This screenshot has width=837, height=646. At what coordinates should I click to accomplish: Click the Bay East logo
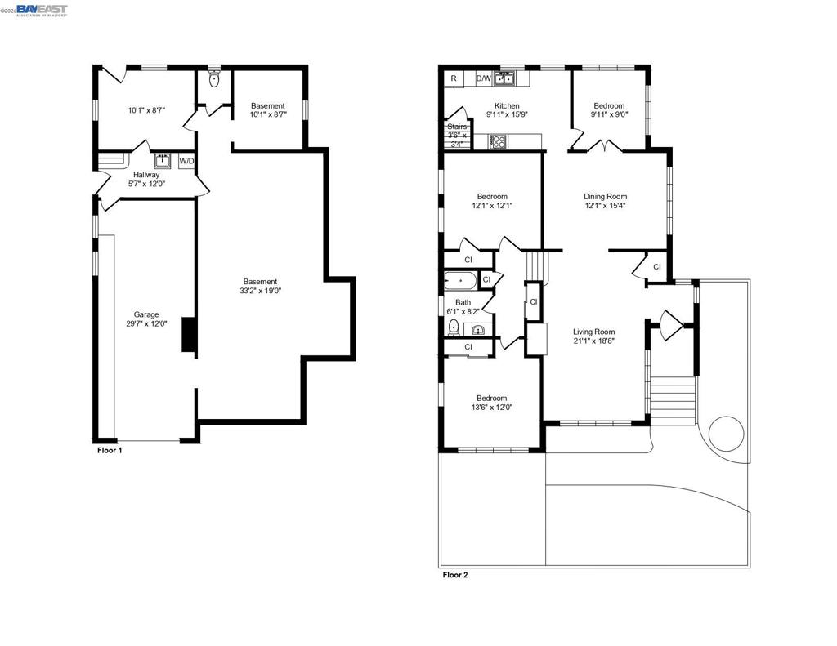(42, 10)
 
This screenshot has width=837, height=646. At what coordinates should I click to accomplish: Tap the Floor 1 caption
(110, 450)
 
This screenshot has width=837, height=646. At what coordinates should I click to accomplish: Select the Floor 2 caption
(454, 575)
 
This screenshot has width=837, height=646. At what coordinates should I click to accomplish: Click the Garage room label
(145, 314)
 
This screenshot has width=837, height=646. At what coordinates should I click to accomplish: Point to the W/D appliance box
(186, 161)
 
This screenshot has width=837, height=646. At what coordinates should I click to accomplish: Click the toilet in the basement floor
(214, 80)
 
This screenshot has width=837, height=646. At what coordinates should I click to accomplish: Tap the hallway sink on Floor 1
(163, 161)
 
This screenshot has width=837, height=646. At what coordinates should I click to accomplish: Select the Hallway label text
(146, 175)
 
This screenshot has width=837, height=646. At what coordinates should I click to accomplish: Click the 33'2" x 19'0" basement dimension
(261, 291)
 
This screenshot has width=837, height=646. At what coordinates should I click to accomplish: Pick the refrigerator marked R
(454, 78)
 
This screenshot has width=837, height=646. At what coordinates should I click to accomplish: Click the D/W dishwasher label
(484, 78)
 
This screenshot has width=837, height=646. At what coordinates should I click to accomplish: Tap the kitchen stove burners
(498, 142)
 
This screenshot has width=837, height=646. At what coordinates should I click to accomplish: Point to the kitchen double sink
(504, 78)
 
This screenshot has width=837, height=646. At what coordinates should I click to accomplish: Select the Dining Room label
(605, 196)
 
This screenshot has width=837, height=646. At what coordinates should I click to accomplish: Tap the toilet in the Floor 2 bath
(454, 327)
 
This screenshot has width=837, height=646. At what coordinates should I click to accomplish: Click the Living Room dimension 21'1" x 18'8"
(594, 341)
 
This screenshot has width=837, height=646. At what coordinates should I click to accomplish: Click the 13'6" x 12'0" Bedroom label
(491, 407)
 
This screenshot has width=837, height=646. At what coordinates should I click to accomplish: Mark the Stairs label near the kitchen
(457, 127)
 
